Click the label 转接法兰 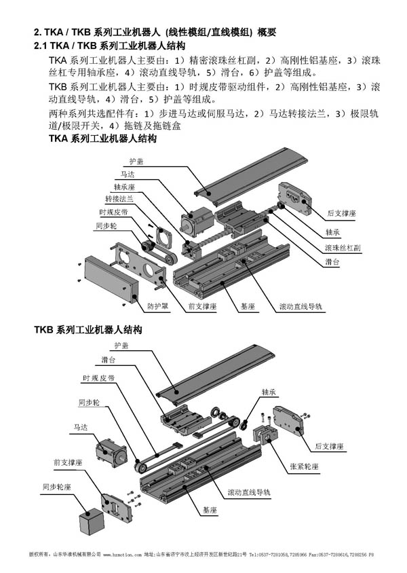pyautogui.click(x=119, y=198)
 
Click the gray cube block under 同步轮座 pyautogui.click(x=90, y=525)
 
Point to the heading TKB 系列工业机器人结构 pyautogui.click(x=88, y=331)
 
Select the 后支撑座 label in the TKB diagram pyautogui.click(x=330, y=447)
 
